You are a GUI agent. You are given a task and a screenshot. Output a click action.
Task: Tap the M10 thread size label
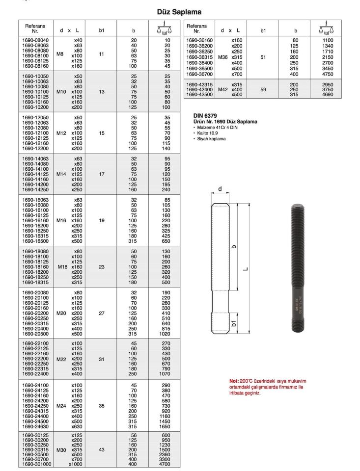tap(61, 91)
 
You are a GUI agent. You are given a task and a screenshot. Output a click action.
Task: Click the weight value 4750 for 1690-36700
tap(328, 74)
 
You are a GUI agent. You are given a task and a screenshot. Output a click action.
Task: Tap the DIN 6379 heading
tap(205, 115)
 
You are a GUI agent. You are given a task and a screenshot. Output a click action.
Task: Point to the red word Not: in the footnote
tap(234, 381)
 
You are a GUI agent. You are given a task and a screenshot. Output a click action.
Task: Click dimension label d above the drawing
tap(220, 189)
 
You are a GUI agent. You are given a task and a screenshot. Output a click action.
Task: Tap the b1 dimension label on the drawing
tap(234, 323)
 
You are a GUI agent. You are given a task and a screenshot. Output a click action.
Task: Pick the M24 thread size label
tap(61, 406)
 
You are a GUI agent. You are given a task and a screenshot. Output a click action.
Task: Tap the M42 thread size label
tap(223, 90)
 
